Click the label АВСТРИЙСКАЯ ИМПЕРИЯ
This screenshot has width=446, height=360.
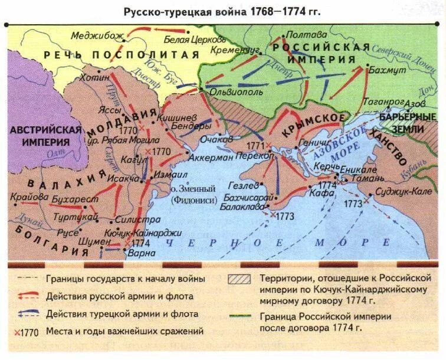point(44,136)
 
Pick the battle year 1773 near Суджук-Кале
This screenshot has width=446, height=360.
point(353,203)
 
